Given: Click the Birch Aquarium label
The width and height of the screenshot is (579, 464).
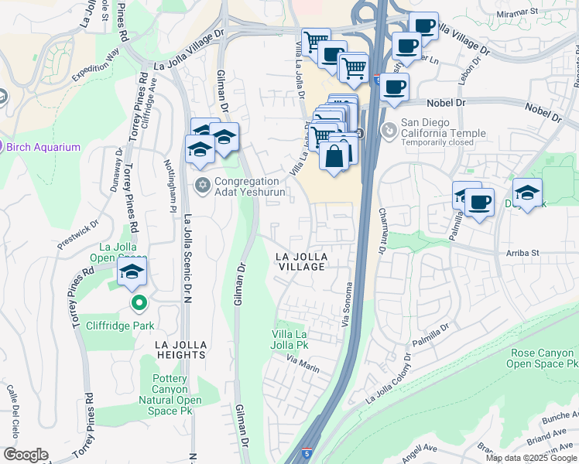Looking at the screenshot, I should coord(43,147).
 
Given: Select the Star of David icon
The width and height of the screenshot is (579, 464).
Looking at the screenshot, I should coord(203,184).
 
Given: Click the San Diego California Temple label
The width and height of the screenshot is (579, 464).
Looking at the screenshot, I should coord(443,128).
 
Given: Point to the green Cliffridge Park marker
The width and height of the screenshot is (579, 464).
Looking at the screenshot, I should coord(138,302).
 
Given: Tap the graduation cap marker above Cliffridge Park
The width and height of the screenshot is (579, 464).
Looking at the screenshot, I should coord(132,272).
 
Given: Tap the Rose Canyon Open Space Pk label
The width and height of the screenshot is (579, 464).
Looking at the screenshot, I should coord(544,357).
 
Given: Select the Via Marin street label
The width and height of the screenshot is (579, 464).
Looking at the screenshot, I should coord(303,363).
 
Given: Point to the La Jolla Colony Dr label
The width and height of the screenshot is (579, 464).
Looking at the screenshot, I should coord(391,380).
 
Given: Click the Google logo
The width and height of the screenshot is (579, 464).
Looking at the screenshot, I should coord(26,455).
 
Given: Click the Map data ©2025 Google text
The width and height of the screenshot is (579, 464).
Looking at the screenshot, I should coord(530,458).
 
